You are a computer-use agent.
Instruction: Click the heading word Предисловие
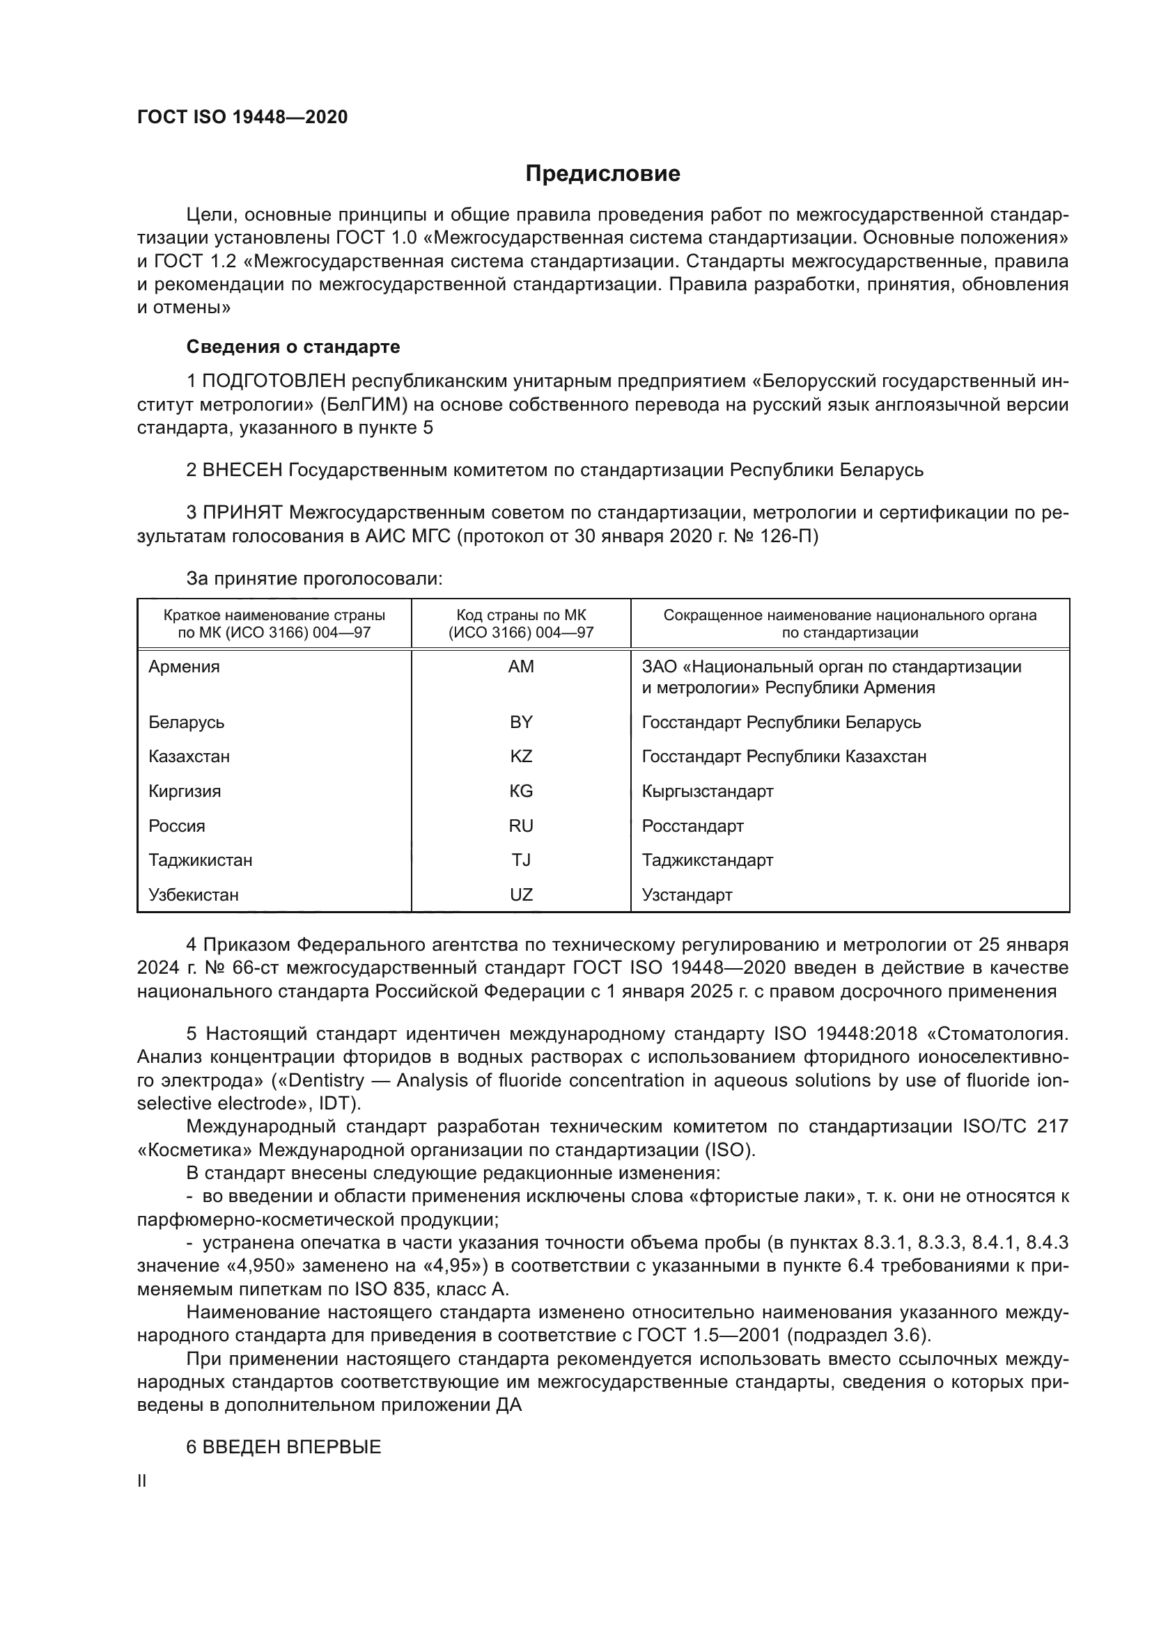(602, 174)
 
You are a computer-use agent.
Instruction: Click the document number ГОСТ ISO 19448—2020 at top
(242, 117)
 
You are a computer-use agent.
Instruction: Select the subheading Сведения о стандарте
(293, 347)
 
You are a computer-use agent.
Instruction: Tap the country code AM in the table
(521, 667)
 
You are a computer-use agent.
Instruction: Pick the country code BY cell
(521, 722)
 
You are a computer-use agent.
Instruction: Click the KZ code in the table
(521, 756)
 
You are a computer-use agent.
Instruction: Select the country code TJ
(521, 860)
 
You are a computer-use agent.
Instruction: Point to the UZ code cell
(521, 895)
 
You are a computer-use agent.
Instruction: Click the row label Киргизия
(185, 791)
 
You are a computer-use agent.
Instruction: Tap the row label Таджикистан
(200, 860)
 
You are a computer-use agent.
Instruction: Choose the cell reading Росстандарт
(692, 825)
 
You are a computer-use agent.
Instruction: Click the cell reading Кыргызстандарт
(707, 791)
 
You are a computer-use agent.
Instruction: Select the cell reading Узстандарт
(687, 895)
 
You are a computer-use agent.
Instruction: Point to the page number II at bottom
(142, 1481)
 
